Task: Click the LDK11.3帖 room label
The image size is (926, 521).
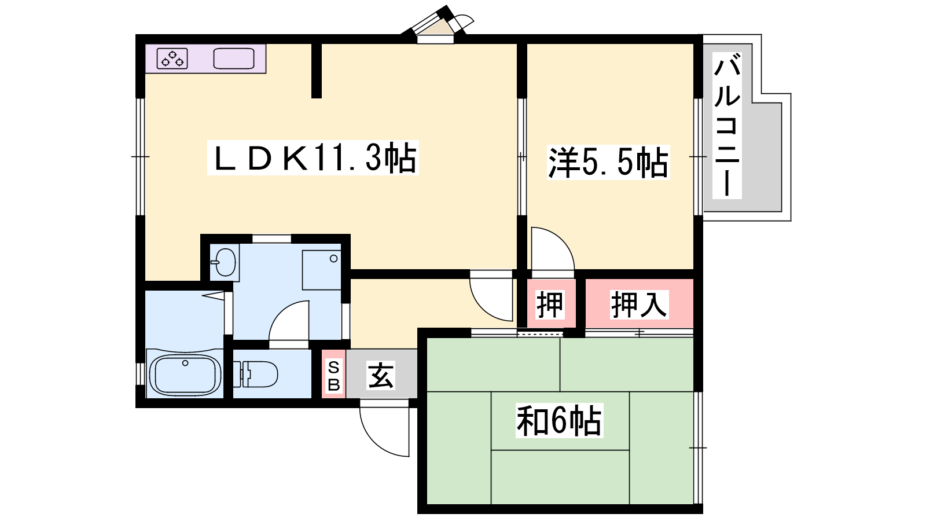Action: [x=313, y=157]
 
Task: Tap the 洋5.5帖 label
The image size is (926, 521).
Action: [x=608, y=163]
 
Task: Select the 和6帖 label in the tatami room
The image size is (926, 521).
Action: [x=559, y=420]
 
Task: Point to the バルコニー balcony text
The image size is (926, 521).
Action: [x=727, y=126]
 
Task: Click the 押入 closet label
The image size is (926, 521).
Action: [x=639, y=304]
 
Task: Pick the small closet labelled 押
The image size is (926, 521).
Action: [x=550, y=304]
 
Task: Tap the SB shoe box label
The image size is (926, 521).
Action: [x=333, y=376]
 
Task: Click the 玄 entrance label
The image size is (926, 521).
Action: [x=381, y=376]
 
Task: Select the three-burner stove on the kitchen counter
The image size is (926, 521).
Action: [x=172, y=58]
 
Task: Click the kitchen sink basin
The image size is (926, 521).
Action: [x=234, y=58]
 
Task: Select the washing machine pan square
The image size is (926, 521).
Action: [x=322, y=270]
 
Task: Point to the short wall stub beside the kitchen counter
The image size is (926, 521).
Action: [x=316, y=71]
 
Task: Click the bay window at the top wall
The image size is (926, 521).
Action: [x=438, y=25]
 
